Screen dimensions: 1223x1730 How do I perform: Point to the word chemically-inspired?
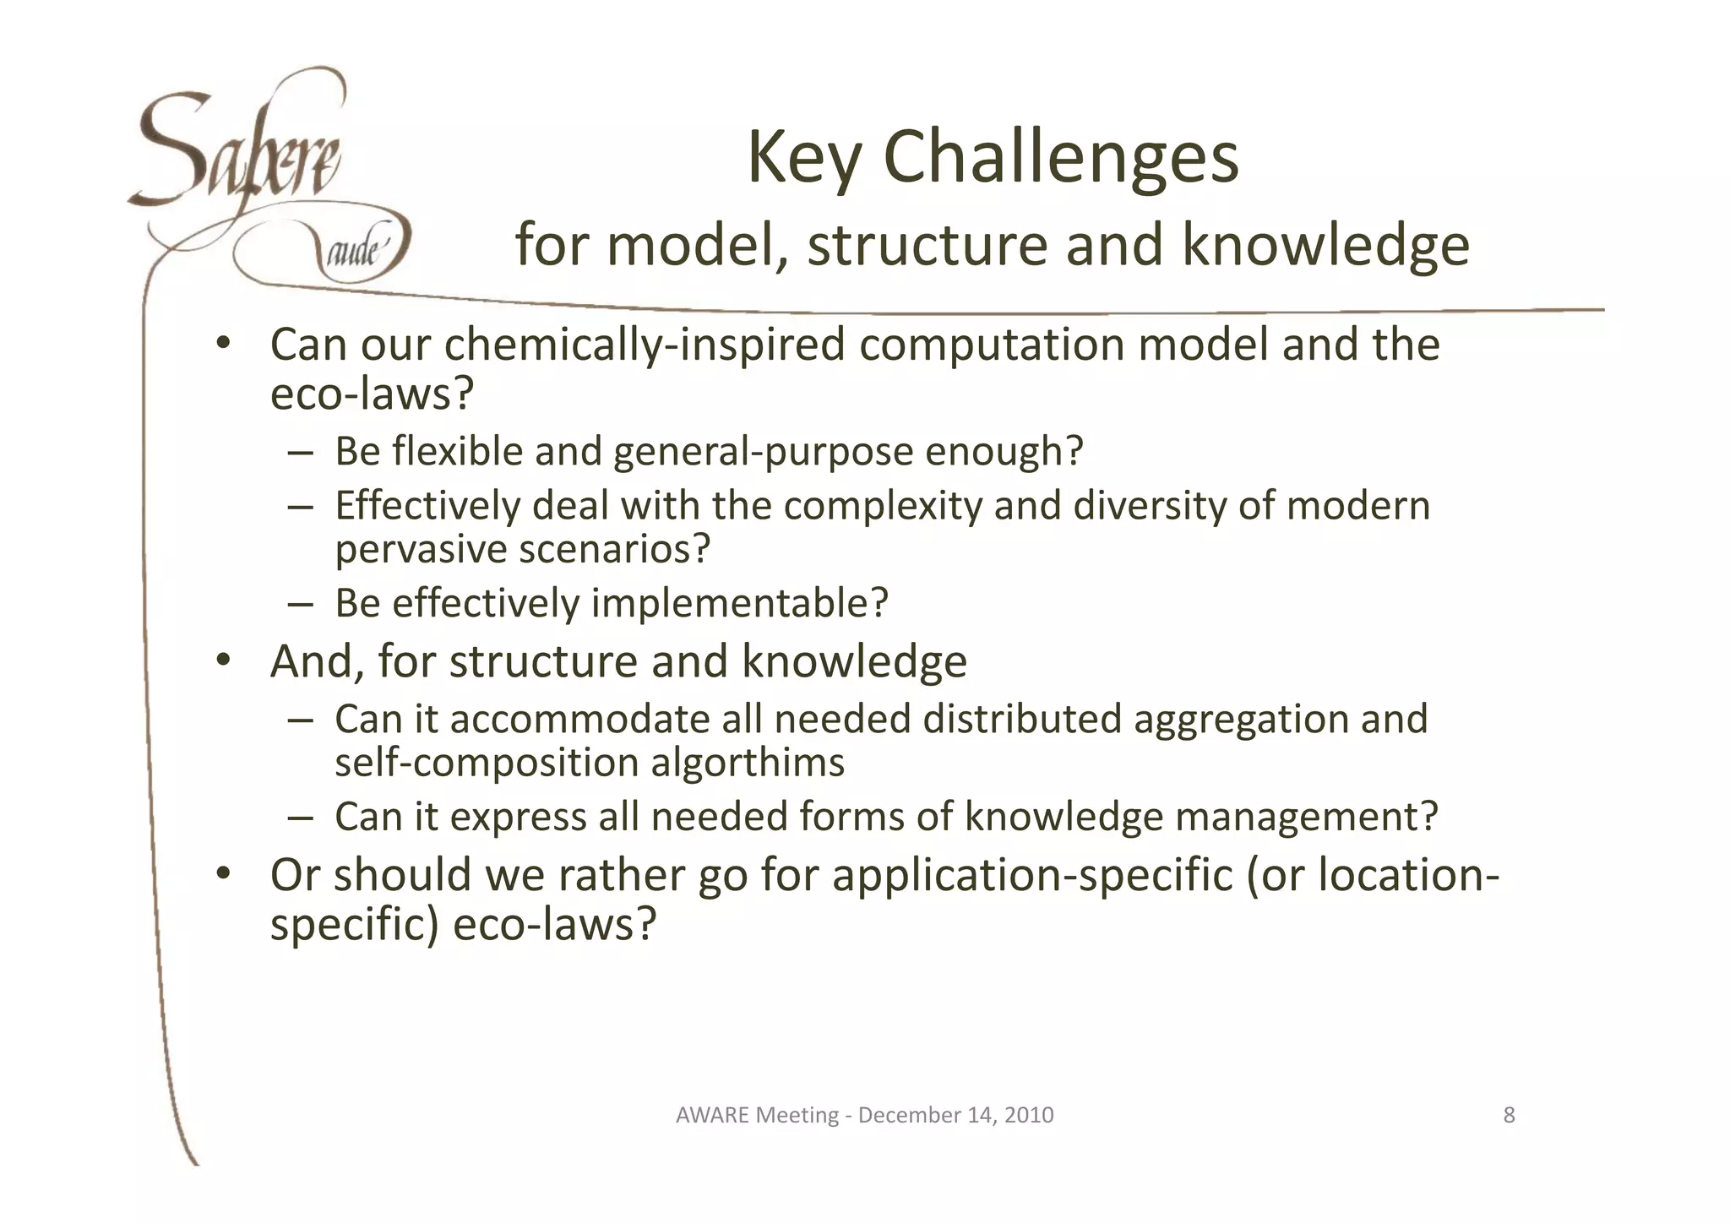pos(645,345)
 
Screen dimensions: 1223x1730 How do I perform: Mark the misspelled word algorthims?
pos(747,763)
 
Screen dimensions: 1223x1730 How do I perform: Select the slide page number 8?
pos(1509,1116)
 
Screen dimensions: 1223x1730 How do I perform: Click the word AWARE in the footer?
pos(712,1116)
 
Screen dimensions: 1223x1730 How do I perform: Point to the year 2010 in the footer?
pos(1030,1116)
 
